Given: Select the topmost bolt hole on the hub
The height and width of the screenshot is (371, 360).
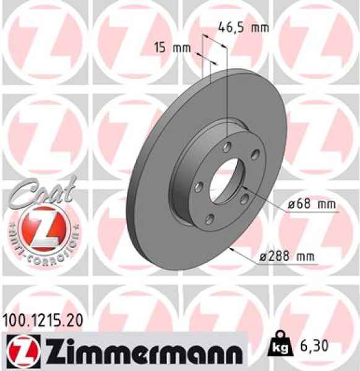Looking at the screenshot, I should coord(226,147).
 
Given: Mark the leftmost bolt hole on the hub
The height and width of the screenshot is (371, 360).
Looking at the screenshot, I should coord(197,185).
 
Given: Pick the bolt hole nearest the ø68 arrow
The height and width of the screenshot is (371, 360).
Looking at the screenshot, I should coord(245,197).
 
